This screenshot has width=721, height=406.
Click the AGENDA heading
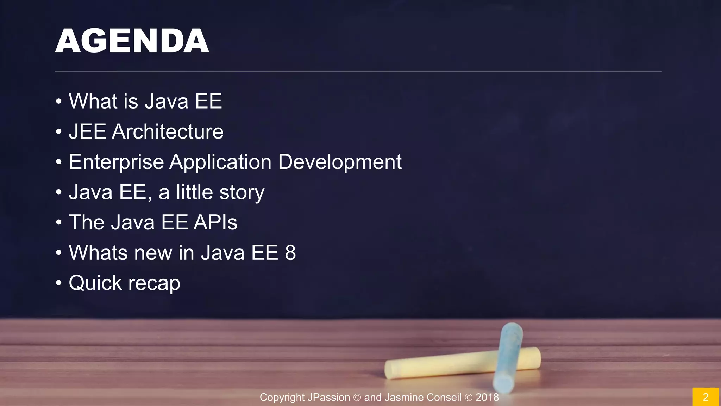coord(132,41)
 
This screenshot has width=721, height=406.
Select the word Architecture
coord(168,132)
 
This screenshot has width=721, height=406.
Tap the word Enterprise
coord(116,162)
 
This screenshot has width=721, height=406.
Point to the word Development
coord(340,162)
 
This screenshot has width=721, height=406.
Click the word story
coord(242,193)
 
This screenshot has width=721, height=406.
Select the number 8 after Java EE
coord(290,253)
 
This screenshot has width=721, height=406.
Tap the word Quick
coord(95,283)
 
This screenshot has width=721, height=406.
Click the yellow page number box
coord(706,397)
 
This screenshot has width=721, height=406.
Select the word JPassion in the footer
coord(328,398)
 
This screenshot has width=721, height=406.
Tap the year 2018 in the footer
coord(487,398)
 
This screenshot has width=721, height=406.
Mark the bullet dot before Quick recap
coord(59,283)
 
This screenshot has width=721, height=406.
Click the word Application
coord(220,162)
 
